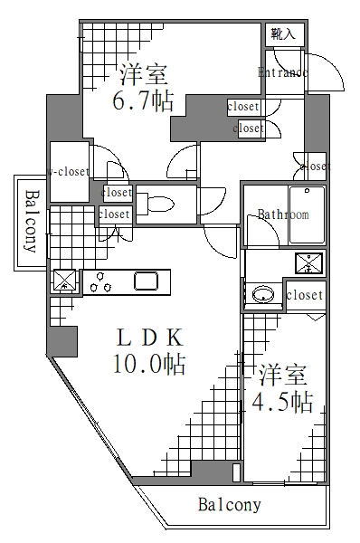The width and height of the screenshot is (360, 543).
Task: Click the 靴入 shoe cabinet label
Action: [x=283, y=34]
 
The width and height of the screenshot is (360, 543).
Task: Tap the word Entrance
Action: [x=283, y=72]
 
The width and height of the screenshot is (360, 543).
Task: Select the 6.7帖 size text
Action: [x=143, y=102]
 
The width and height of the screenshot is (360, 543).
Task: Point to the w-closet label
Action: [x=68, y=170]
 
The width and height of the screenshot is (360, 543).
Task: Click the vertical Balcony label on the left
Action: [x=31, y=223]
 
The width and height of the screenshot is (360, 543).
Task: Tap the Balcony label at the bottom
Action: [x=230, y=505]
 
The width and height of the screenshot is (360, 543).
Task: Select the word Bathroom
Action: [x=283, y=215]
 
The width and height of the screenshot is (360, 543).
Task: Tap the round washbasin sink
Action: [x=263, y=294]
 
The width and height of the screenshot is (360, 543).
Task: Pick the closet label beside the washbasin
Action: [x=304, y=296]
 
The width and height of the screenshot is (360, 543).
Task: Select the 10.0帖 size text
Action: [x=149, y=364]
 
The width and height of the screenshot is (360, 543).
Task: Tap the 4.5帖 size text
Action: [x=282, y=401]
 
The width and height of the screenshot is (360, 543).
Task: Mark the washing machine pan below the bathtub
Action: [x=308, y=263]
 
